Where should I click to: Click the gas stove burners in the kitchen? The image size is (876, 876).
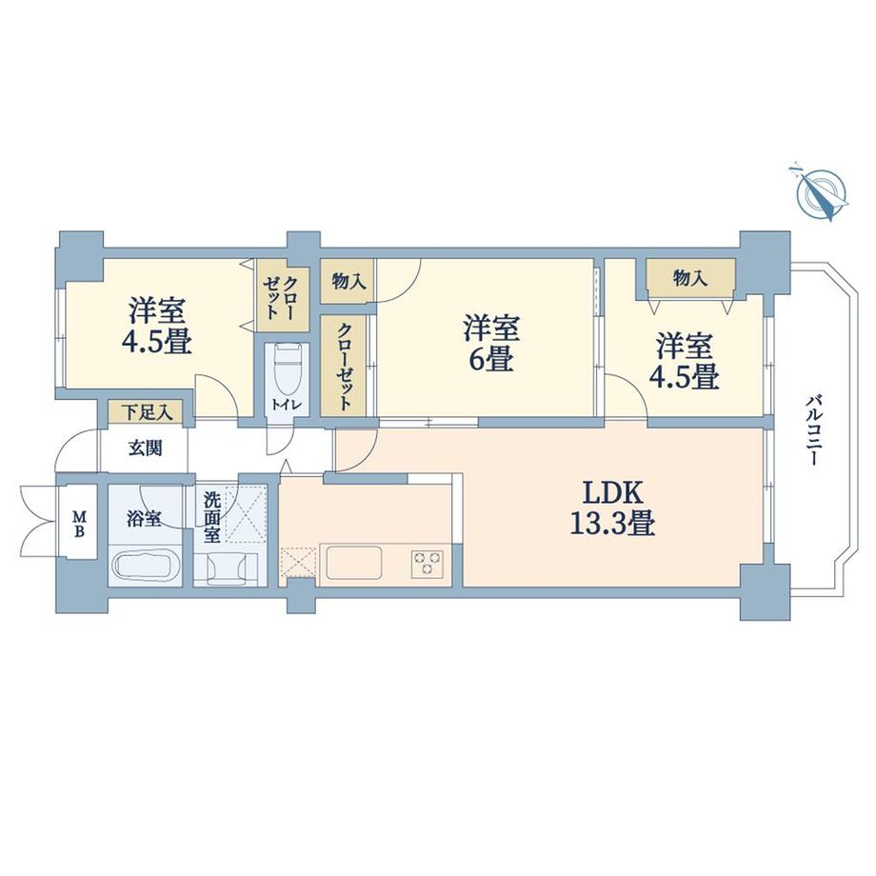(x=426, y=562)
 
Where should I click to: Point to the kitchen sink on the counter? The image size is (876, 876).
(x=354, y=561)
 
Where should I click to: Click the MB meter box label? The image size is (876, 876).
(x=80, y=523)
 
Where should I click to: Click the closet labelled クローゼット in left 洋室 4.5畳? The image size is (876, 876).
(x=283, y=295)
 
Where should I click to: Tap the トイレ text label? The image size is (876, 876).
(x=286, y=406)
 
